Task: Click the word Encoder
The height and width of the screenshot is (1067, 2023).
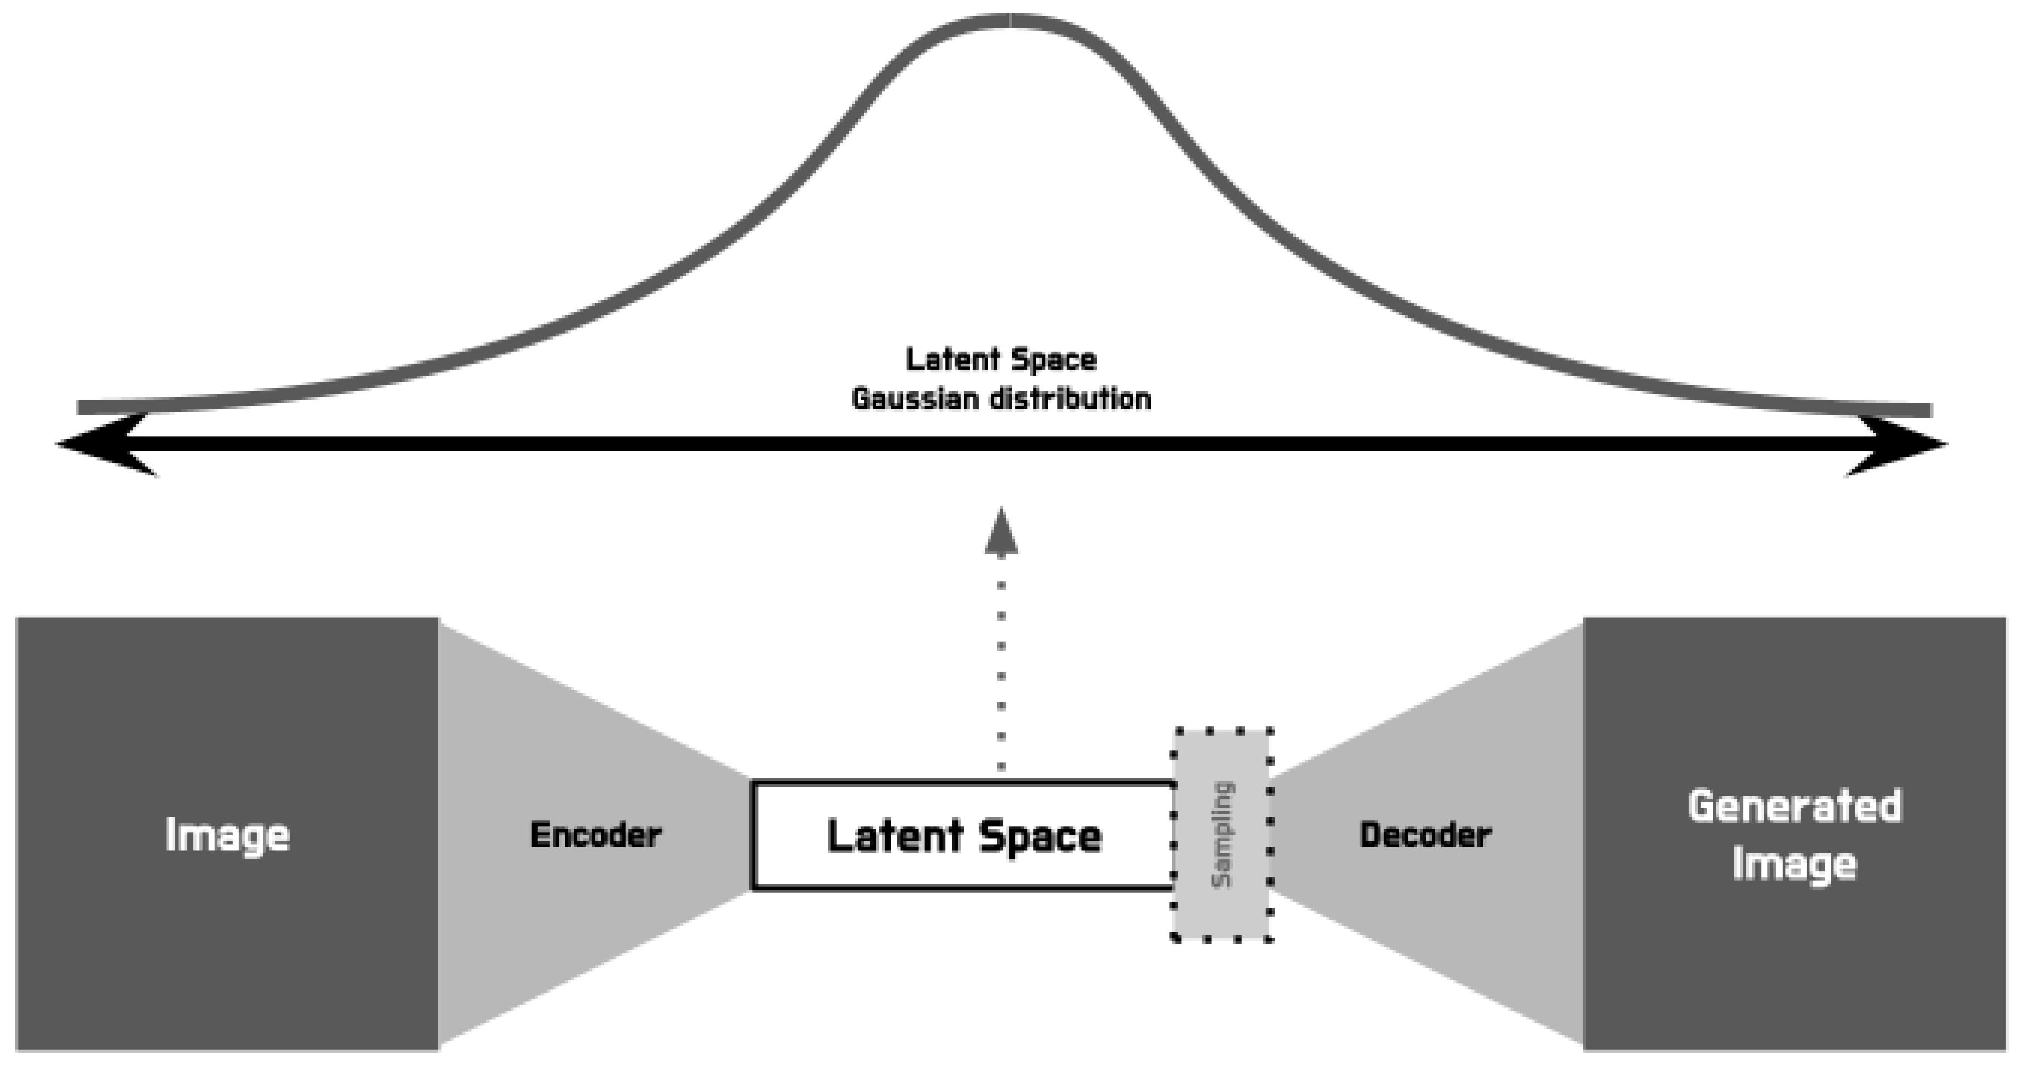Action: coord(595,835)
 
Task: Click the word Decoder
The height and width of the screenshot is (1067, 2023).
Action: coord(1425,835)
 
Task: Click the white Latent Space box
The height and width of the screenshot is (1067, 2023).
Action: coord(963,835)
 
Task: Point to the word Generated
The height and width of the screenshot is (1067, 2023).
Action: coord(1795,806)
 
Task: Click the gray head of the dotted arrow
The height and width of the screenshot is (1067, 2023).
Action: coord(1001,531)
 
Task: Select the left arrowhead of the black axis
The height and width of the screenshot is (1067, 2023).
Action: coord(106,444)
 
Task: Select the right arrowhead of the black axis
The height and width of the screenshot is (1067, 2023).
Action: coord(1896,444)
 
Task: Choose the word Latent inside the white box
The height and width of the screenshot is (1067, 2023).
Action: coord(895,835)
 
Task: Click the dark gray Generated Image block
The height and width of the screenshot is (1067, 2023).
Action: coord(1795,834)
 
